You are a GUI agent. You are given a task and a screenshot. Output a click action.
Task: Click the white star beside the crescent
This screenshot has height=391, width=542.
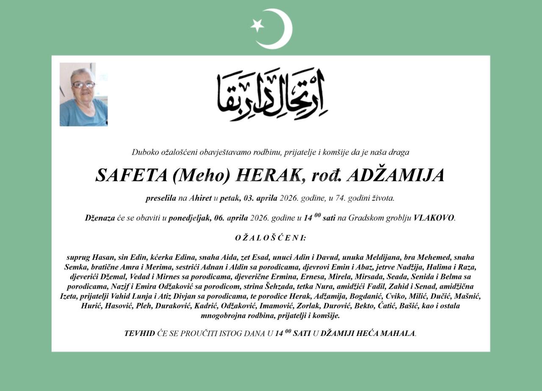[257, 25]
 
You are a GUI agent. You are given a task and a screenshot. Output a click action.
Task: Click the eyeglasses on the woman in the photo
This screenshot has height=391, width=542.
[83, 85]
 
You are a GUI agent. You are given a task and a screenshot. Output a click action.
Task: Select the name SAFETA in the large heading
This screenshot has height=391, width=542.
[131, 175]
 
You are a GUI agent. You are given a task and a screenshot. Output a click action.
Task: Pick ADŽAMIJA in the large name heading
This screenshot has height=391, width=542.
[395, 175]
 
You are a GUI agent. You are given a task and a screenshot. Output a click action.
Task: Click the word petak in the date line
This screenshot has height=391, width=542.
[230, 198]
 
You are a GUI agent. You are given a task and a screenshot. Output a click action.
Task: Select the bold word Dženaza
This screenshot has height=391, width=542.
[100, 218]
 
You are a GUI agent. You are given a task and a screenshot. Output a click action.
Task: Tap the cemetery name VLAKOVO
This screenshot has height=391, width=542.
[434, 218]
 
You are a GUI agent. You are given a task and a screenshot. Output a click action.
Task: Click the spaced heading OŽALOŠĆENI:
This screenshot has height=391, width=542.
[271, 238]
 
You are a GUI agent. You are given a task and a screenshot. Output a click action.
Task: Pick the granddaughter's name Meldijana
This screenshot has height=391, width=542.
[380, 257]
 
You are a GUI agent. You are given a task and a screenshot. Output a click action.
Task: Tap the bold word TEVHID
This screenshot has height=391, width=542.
[139, 333]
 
